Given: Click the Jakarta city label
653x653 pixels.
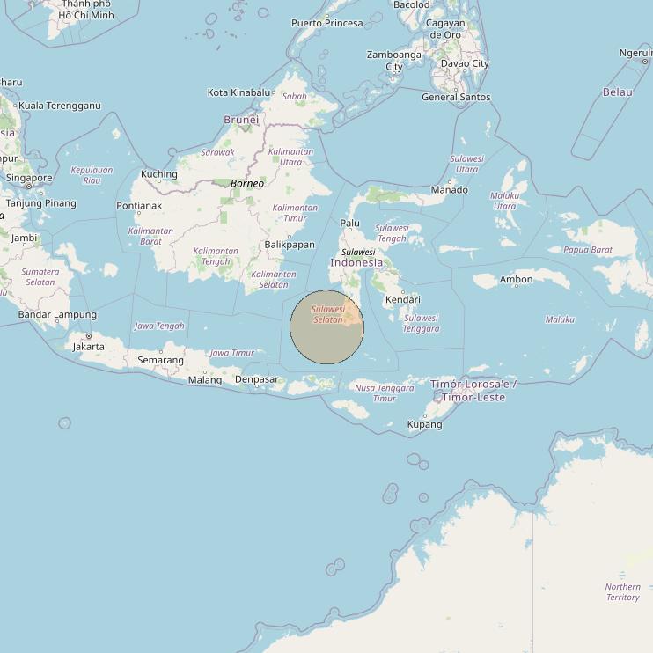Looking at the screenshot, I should (x=89, y=346).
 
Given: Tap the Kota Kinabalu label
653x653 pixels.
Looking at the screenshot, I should (x=238, y=92).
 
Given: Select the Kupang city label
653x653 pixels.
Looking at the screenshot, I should (x=425, y=424).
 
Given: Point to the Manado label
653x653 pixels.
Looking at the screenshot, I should (x=449, y=189).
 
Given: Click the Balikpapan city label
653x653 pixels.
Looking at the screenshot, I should (x=289, y=245).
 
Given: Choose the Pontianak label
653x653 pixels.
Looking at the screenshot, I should (x=139, y=206).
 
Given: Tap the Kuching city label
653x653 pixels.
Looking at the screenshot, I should (x=159, y=174).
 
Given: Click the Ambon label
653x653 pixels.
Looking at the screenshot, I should (x=517, y=280).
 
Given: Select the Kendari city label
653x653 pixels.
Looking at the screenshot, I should (x=403, y=300).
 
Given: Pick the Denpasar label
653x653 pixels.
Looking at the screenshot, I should (x=257, y=380).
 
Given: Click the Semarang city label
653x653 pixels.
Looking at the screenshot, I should (x=160, y=360).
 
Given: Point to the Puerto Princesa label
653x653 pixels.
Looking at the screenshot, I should (x=327, y=23).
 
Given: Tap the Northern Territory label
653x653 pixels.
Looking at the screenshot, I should (x=623, y=592).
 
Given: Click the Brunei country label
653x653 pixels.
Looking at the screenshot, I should (x=242, y=120).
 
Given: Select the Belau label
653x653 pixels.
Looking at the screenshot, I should (x=618, y=92).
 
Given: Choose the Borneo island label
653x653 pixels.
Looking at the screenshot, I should (x=247, y=184).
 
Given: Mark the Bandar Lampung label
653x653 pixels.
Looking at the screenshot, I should (x=58, y=314).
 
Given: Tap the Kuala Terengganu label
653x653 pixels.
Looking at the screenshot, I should (x=60, y=106).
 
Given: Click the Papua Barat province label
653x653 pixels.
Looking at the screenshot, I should (x=588, y=250).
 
